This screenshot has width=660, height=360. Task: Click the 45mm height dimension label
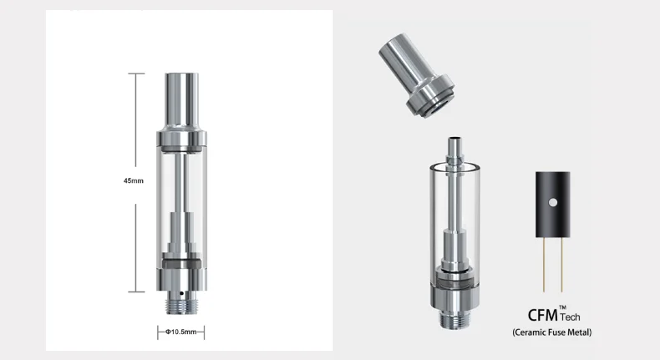pos(134,180)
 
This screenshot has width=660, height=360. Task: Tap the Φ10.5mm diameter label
pos(181,332)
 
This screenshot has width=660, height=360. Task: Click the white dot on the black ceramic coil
pos(553,202)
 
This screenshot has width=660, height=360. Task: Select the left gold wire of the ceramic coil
pos(543,265)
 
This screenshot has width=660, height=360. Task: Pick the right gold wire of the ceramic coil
pos(561,265)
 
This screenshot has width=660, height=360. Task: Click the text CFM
pos(542,315)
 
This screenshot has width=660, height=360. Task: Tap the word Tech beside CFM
pos(570,317)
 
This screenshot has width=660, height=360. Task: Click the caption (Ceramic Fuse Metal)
pos(552,332)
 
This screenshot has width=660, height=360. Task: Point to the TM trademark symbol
pos(563,307)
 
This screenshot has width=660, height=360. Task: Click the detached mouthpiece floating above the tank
pos(416,76)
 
